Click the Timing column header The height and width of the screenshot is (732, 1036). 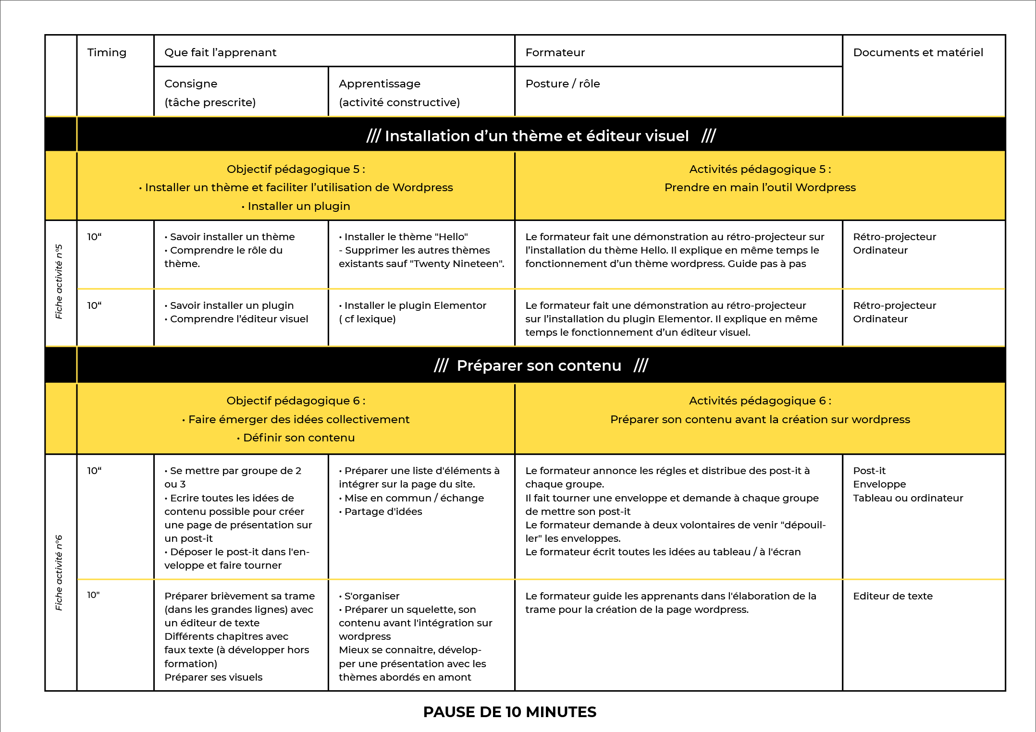[x=107, y=52]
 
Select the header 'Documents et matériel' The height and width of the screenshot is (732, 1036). [x=918, y=52]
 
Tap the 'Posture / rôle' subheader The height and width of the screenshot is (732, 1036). [x=562, y=84]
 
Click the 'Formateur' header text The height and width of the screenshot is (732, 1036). [x=555, y=52]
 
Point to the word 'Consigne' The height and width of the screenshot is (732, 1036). [x=191, y=84]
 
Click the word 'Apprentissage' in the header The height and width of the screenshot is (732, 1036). [x=379, y=84]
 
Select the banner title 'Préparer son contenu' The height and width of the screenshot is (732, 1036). [x=539, y=366]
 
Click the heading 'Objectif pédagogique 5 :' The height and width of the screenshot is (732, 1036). [x=296, y=169]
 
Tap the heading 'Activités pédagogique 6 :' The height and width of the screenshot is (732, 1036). [x=760, y=401]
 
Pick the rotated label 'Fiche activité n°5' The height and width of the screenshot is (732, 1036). [x=59, y=281]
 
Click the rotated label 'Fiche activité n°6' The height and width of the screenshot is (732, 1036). [x=59, y=573]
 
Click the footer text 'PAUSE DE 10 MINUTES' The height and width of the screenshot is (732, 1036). [x=509, y=712]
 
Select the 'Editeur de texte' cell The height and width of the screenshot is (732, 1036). [x=892, y=596]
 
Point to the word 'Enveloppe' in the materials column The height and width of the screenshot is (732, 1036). [x=879, y=484]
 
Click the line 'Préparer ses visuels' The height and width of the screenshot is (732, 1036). [x=213, y=677]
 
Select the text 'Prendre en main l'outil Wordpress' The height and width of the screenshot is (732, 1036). [x=760, y=187]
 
